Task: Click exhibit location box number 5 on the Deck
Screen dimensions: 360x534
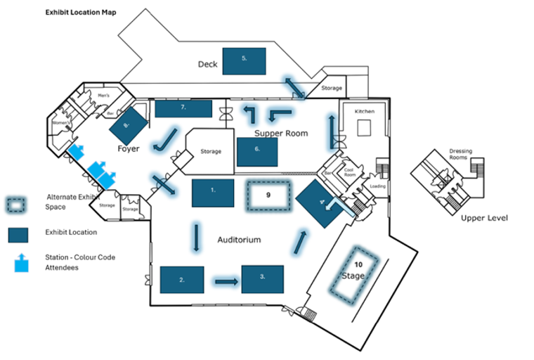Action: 244,60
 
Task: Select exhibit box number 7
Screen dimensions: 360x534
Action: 183,108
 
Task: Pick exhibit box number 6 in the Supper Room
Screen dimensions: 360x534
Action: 256,150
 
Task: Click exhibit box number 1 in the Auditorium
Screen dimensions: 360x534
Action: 213,191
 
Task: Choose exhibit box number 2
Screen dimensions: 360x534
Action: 182,279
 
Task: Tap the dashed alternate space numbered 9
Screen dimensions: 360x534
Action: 268,195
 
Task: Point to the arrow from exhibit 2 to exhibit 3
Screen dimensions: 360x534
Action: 226,282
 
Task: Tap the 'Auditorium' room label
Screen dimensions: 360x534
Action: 239,240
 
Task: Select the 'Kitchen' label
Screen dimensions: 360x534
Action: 364,112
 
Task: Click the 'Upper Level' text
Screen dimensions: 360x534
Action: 484,218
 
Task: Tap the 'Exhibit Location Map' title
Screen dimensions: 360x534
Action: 81,13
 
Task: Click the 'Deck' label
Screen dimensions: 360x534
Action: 208,65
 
